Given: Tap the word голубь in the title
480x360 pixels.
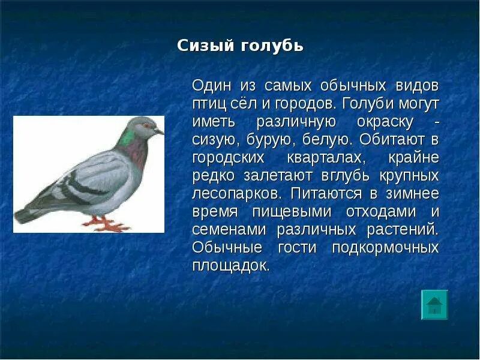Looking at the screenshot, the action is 272,46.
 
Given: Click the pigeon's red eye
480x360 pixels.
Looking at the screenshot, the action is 146,125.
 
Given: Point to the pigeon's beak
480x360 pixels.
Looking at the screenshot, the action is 159,131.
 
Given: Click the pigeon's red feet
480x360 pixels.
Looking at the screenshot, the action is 106,224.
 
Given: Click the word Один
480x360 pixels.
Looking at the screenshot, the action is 212,86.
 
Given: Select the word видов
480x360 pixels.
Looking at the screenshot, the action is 417,86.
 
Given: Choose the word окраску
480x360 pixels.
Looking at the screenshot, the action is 385,122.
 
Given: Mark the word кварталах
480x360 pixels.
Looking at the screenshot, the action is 326,158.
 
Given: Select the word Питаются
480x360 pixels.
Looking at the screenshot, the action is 326,194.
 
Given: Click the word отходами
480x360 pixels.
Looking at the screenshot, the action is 381,212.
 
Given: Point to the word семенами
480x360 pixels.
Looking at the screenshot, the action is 229,230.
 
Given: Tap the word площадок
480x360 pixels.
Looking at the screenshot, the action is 231,266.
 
